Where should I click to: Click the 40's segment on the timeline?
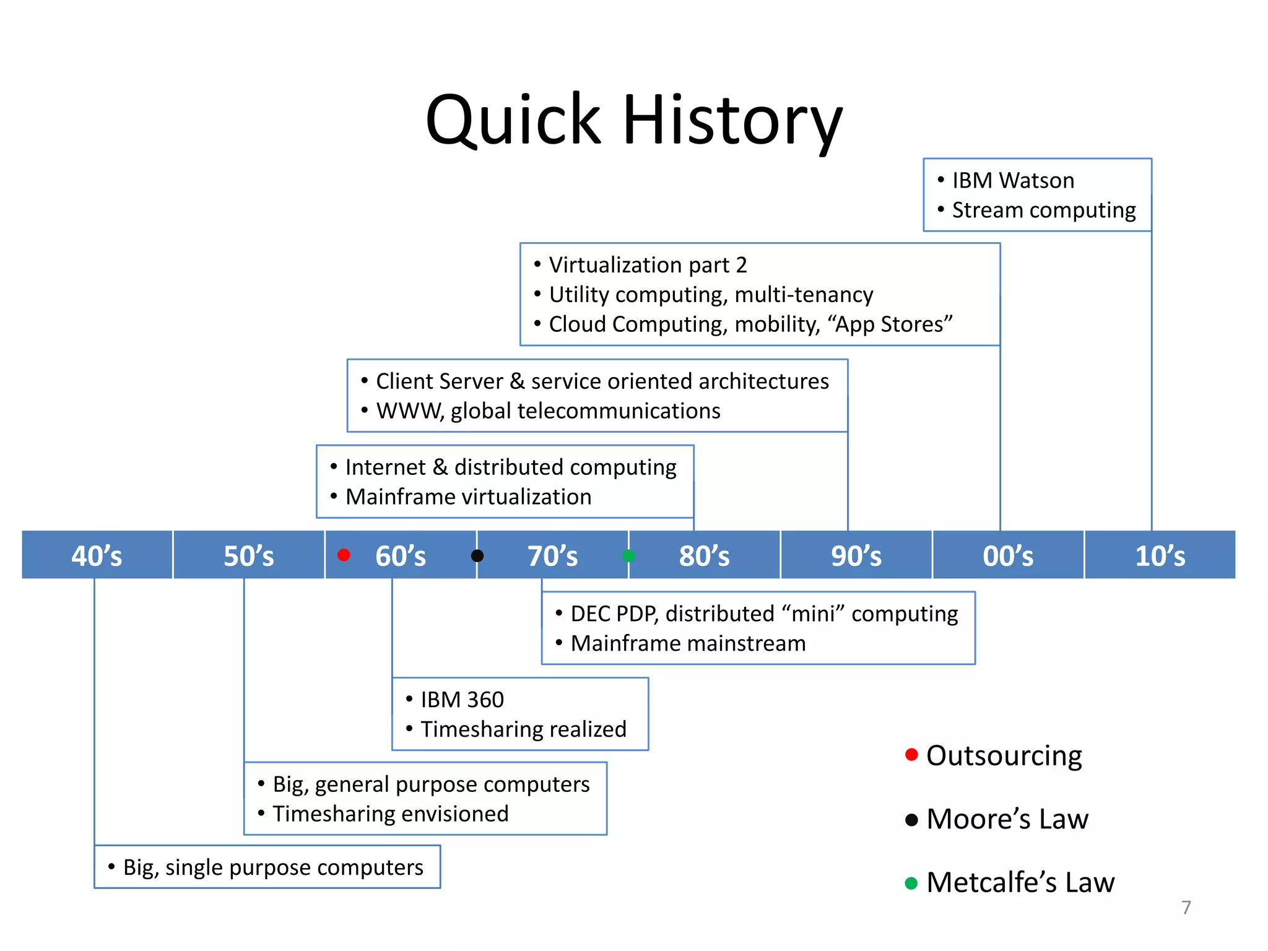click(x=97, y=555)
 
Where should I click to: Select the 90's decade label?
click(x=856, y=555)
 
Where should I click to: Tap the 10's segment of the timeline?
click(x=1160, y=555)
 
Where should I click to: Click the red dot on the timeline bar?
click(x=344, y=555)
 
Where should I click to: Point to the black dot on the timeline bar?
click(x=477, y=555)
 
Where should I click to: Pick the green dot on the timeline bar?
click(x=628, y=555)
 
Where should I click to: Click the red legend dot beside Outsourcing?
click(x=911, y=754)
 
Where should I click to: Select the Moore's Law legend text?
click(x=1007, y=819)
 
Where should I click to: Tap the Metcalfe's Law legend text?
click(x=1020, y=882)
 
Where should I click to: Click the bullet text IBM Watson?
click(x=1013, y=181)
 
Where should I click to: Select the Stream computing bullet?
click(x=1043, y=211)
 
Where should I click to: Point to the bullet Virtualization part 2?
click(x=648, y=265)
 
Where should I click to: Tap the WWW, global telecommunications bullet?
click(x=548, y=411)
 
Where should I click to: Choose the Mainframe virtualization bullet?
click(x=468, y=497)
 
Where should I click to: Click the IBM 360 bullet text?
click(x=462, y=700)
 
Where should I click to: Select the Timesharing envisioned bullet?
click(x=390, y=814)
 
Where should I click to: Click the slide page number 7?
click(x=1186, y=907)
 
